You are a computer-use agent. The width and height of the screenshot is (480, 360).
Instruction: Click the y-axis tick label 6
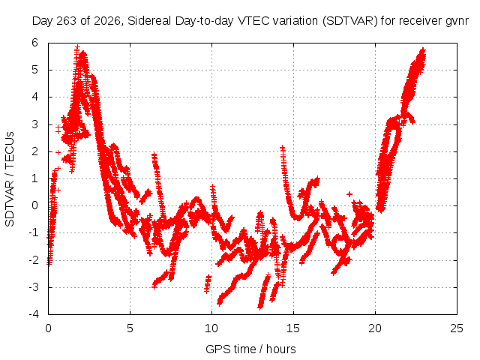35,43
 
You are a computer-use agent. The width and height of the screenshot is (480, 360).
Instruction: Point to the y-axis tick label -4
34,314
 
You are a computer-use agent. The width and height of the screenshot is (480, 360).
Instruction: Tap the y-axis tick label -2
34,260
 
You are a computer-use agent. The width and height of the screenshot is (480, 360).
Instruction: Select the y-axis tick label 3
35,124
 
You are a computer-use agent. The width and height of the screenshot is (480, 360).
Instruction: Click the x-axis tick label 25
457,328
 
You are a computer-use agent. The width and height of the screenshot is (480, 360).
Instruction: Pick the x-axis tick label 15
293,328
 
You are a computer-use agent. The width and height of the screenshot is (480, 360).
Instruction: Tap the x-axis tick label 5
130,328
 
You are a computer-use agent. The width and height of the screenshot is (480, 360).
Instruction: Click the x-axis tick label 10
211,328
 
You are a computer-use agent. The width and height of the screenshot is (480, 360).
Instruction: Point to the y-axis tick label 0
35,205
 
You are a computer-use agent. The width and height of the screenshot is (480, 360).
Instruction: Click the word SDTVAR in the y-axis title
10,203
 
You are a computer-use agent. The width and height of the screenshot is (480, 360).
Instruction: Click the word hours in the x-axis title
280,349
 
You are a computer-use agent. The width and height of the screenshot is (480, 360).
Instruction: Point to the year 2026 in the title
107,21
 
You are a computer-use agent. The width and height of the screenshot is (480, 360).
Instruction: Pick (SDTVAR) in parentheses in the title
350,21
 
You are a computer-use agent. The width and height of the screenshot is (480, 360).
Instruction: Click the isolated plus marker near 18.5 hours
349,194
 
